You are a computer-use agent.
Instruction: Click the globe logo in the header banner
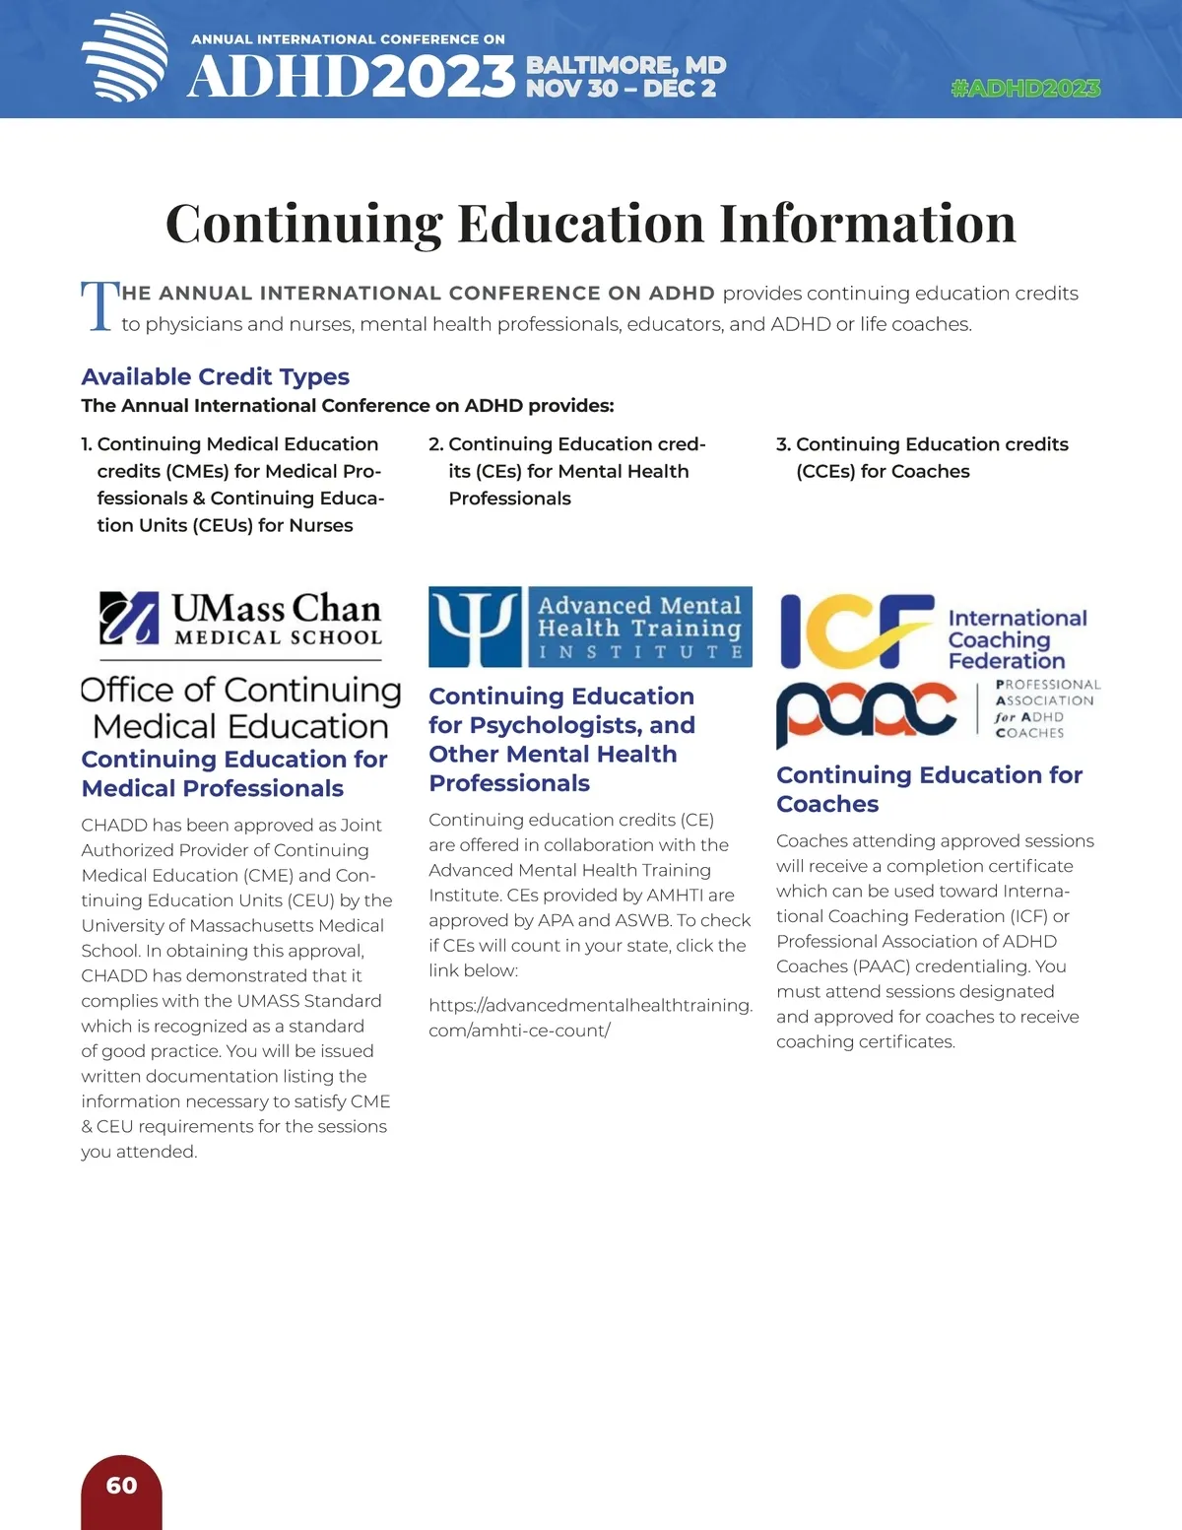(x=124, y=57)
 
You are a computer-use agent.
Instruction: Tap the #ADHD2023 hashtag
(x=1025, y=89)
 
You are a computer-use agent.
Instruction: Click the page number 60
(x=121, y=1486)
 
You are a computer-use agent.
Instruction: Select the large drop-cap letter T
(x=98, y=306)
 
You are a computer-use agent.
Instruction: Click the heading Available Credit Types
(x=215, y=376)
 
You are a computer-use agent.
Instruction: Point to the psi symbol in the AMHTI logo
(x=475, y=627)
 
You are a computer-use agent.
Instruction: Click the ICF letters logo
(x=855, y=631)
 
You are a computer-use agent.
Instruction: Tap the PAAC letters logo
(x=866, y=711)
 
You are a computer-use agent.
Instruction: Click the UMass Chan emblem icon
(x=129, y=618)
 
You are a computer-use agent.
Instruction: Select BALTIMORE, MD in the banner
(x=625, y=65)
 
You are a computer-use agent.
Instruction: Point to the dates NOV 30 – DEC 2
(x=621, y=89)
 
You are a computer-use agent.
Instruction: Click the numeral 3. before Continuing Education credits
(x=784, y=444)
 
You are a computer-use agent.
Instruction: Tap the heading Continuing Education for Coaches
(x=929, y=789)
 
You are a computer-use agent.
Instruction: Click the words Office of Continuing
(x=240, y=690)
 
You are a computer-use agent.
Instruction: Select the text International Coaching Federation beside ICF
(x=1017, y=639)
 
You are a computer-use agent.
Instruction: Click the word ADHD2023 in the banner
(x=352, y=77)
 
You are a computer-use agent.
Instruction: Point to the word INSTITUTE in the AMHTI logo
(x=640, y=652)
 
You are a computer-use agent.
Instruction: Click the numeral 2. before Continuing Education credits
(x=436, y=444)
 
